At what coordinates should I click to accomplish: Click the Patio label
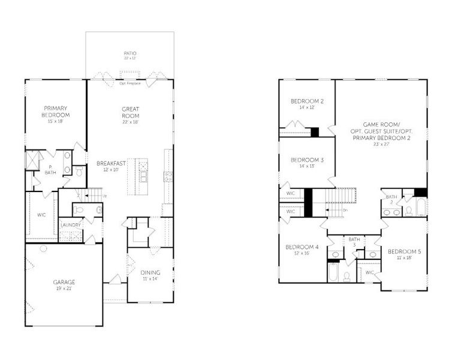[x=130, y=53]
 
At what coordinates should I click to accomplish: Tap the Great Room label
[x=130, y=112]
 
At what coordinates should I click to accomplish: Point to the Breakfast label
[x=112, y=163]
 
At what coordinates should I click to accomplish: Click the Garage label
[x=64, y=281]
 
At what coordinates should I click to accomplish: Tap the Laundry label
[x=70, y=225]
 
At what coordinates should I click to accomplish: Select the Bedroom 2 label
[x=307, y=101]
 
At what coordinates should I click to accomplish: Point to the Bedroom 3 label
[x=307, y=160]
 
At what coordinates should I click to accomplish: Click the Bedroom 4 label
[x=302, y=247]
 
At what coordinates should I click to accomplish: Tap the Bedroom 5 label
[x=404, y=251]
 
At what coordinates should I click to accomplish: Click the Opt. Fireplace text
[x=129, y=83]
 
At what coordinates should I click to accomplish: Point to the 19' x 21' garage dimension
[x=64, y=288]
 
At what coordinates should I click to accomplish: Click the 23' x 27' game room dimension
[x=381, y=144]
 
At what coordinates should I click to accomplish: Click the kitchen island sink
[x=144, y=177]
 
